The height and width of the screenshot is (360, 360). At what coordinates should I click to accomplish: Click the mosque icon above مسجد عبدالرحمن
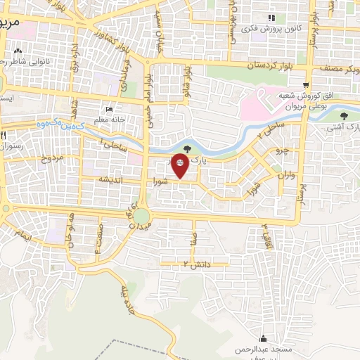264,338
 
